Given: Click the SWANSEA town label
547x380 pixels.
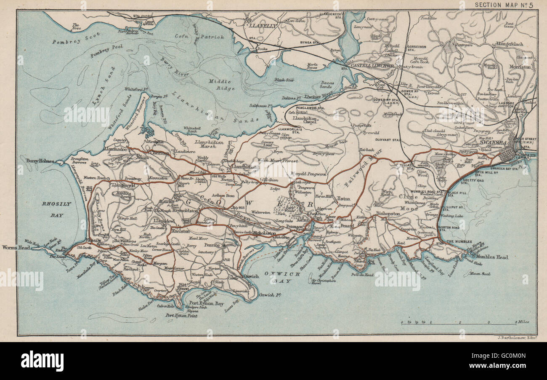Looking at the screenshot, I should pyautogui.click(x=495, y=143).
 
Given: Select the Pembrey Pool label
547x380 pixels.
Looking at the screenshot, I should pyautogui.click(x=106, y=47).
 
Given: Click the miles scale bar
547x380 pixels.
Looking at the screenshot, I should pyautogui.click(x=458, y=324).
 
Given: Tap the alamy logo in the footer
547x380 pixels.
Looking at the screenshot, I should pyautogui.click(x=42, y=361).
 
